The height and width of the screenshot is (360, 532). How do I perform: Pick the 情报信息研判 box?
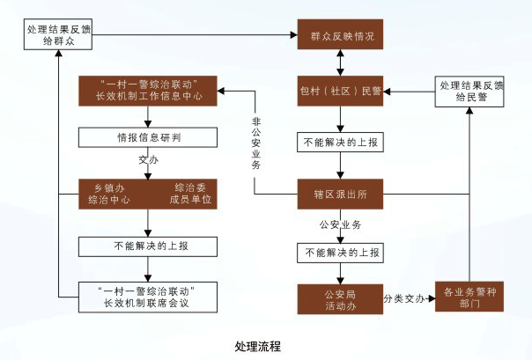(148, 137)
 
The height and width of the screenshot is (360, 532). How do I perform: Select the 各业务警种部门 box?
(474, 299)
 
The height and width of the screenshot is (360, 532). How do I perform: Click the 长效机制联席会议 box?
(148, 298)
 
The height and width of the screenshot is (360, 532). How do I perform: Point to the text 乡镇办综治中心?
(109, 193)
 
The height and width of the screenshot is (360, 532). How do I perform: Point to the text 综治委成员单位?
(190, 193)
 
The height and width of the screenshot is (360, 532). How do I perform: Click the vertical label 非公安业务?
(255, 143)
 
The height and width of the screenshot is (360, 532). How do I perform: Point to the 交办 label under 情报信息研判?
(148, 162)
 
